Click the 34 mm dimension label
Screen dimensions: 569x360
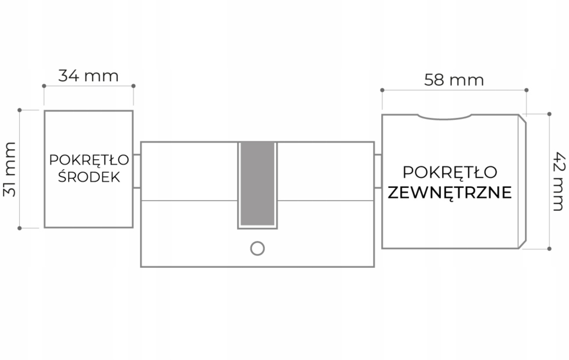click(x=88, y=76)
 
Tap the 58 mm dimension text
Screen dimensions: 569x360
click(x=454, y=80)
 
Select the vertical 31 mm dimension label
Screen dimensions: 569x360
click(x=9, y=169)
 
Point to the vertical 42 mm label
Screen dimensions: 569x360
click(x=558, y=181)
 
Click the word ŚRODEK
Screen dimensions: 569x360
click(x=88, y=177)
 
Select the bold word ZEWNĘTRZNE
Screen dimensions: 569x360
click(x=450, y=193)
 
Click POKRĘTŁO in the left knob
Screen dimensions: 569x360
click(x=88, y=160)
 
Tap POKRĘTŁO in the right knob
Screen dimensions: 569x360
click(x=450, y=172)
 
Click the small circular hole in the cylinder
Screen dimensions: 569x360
click(x=257, y=248)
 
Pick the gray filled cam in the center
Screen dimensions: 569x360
click(x=257, y=184)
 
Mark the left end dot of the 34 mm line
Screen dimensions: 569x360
click(x=44, y=86)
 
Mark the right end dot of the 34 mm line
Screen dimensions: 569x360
click(x=133, y=86)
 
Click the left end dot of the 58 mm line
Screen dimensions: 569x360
click(x=382, y=89)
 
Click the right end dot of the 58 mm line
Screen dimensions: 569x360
click(x=526, y=89)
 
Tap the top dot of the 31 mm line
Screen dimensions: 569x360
click(x=20, y=110)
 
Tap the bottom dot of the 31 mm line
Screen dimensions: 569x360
click(x=20, y=228)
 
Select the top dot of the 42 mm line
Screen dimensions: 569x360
click(x=549, y=114)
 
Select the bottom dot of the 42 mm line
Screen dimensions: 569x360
click(x=549, y=248)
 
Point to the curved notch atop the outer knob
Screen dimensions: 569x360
click(x=444, y=117)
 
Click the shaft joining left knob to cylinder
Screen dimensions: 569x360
click(x=137, y=171)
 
